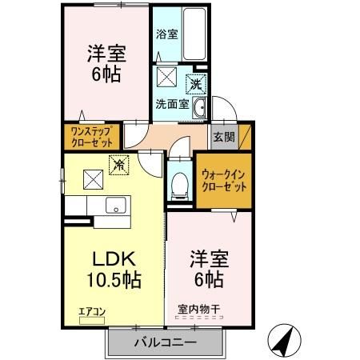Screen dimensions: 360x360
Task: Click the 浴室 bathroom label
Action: (167, 34)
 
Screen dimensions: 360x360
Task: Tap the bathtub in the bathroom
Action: (195, 34)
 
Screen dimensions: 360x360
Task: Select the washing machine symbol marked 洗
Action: (196, 84)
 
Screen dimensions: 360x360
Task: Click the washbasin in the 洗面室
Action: (199, 107)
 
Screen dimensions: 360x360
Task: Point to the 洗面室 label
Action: (172, 104)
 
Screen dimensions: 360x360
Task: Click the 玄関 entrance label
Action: (224, 137)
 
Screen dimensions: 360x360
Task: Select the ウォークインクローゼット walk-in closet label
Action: (224, 181)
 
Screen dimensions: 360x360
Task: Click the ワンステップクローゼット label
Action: (92, 137)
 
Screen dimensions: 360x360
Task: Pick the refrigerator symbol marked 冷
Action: (119, 165)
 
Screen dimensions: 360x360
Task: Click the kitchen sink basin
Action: (116, 205)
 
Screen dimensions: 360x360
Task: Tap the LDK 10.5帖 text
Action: (114, 270)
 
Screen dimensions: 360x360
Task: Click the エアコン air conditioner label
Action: (92, 312)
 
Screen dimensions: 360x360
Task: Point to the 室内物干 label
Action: (199, 310)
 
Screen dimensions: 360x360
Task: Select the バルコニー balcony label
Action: (166, 342)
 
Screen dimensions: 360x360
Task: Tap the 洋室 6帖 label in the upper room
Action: (106, 64)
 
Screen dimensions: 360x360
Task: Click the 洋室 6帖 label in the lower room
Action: (209, 269)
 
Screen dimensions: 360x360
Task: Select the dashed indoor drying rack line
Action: (199, 318)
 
